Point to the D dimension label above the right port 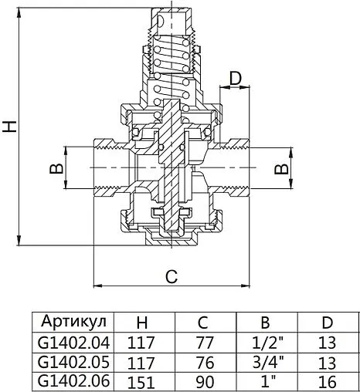pos(236,79)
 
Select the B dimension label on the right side pos(284,167)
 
